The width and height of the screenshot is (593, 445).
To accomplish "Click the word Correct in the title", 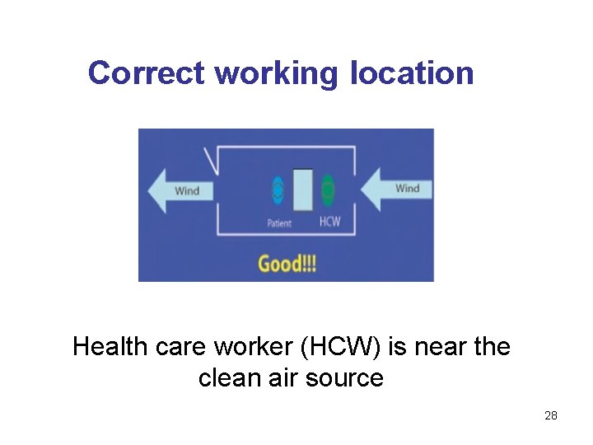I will coord(147,73).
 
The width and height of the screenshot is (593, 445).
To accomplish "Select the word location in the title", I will coord(412,73).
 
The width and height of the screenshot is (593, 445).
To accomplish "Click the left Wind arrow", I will coord(181,191).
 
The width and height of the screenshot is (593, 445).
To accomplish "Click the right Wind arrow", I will coord(399,189).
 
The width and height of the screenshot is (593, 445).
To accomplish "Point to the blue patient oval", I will coord(278,190).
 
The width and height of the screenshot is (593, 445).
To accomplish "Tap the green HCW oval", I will coord(328,190).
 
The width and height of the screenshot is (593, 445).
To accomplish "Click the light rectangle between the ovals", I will coord(303,190).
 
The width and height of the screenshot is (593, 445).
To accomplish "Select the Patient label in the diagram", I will coord(279,223).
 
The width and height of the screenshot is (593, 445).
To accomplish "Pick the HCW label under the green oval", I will coord(329,222).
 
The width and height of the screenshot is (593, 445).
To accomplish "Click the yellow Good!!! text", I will coord(287,264).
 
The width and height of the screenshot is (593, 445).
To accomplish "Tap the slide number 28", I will coord(551,415).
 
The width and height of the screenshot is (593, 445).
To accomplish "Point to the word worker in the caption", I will coord(253,347).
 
